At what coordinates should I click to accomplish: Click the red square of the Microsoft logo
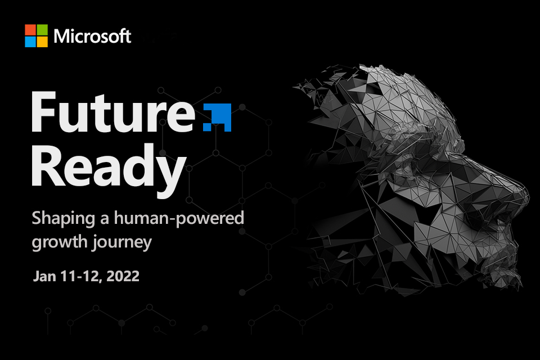tap(30, 30)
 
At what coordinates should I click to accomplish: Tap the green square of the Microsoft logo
tap(42, 30)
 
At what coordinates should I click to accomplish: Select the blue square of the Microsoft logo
tap(30, 42)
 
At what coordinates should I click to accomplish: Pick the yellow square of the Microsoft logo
tap(42, 42)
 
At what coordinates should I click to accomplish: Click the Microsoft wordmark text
tap(92, 37)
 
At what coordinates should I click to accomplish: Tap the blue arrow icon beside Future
tap(217, 117)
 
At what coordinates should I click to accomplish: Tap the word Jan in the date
tap(43, 277)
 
